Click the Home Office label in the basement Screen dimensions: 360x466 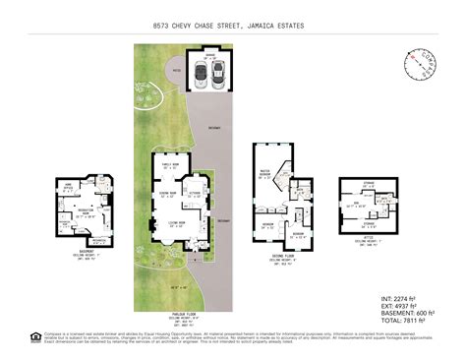(x=70, y=186)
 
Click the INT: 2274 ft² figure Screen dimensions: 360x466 (x=401, y=297)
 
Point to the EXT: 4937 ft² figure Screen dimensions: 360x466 (x=401, y=305)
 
